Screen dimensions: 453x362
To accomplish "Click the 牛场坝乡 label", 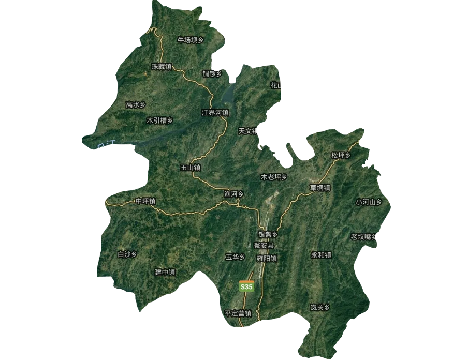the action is point(190,40).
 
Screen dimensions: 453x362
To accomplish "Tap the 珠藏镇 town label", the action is point(161,67).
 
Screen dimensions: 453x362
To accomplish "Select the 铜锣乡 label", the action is point(212,74).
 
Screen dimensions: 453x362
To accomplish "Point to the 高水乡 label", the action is point(136,105).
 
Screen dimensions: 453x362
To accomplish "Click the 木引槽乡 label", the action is point(159,120).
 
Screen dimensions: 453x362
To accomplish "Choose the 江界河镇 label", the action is point(215,112).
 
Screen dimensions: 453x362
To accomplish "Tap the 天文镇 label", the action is point(247,131).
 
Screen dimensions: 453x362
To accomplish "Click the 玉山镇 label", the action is point(190,168).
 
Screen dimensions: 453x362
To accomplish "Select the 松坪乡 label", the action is point(341,155).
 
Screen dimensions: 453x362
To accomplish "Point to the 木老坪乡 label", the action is point(273,177).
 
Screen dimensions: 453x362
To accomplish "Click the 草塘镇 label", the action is point(320,188).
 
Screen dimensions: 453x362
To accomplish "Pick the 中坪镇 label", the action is point(145,201).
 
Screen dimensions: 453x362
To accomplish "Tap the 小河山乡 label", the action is point(369,202).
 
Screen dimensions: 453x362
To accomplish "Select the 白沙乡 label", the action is point(127,254).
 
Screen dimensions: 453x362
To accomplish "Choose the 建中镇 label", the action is point(165,272).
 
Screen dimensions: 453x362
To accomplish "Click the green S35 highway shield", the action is point(246,286).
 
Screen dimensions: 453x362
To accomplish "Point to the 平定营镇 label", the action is point(238,313).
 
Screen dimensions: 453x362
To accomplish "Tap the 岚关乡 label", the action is point(320,307).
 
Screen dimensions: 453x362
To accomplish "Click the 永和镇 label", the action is point(322,255).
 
